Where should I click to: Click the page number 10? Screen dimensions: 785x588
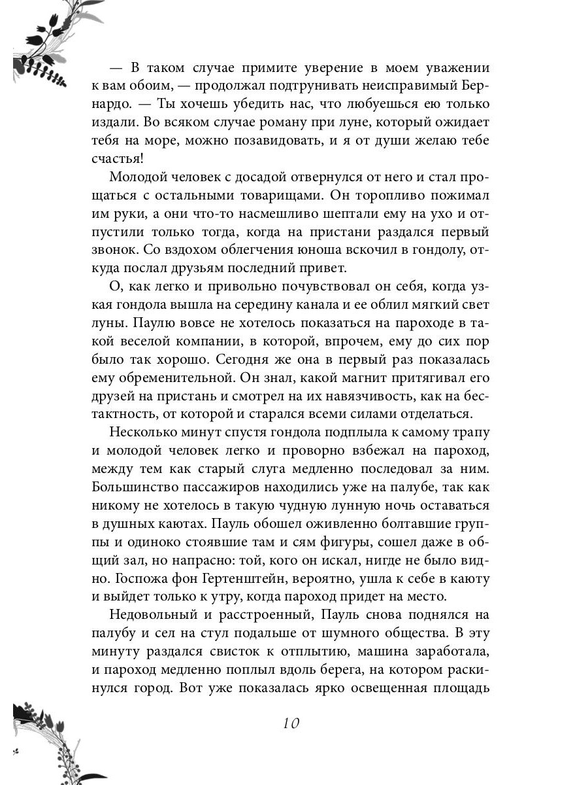coord(291,723)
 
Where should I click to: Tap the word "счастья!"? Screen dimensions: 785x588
coord(117,160)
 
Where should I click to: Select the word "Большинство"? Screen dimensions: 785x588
coord(135,487)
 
